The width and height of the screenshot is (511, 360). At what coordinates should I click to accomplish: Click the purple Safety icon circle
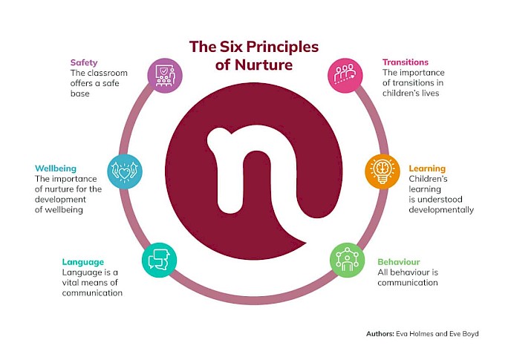(x=165, y=76)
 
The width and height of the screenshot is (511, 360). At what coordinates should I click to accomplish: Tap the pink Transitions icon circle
(x=345, y=76)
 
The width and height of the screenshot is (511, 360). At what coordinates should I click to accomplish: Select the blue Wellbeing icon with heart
(x=125, y=171)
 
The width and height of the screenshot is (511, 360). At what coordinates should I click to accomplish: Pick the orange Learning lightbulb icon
(x=383, y=171)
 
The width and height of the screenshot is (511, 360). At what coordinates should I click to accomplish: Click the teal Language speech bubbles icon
(x=160, y=260)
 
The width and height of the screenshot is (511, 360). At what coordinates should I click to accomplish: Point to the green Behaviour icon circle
(x=347, y=260)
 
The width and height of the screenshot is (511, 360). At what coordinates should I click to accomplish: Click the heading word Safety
(x=84, y=62)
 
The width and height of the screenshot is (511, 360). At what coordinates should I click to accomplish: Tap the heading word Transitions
(x=406, y=62)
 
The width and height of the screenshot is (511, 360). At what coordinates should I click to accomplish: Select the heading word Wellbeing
(x=56, y=168)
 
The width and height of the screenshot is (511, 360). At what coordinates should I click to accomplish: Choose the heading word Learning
(x=427, y=168)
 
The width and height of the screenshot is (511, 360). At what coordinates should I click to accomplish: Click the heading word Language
(x=83, y=262)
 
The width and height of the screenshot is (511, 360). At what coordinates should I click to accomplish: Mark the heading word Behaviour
(x=399, y=262)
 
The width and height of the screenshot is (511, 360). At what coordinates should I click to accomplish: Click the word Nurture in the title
(x=264, y=65)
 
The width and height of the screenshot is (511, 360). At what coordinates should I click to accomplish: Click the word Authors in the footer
(x=380, y=334)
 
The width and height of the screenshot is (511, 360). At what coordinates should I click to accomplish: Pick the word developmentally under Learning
(x=441, y=210)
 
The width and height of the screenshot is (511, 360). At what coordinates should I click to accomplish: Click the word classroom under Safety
(x=108, y=73)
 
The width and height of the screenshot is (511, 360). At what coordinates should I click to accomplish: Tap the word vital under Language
(x=71, y=283)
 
